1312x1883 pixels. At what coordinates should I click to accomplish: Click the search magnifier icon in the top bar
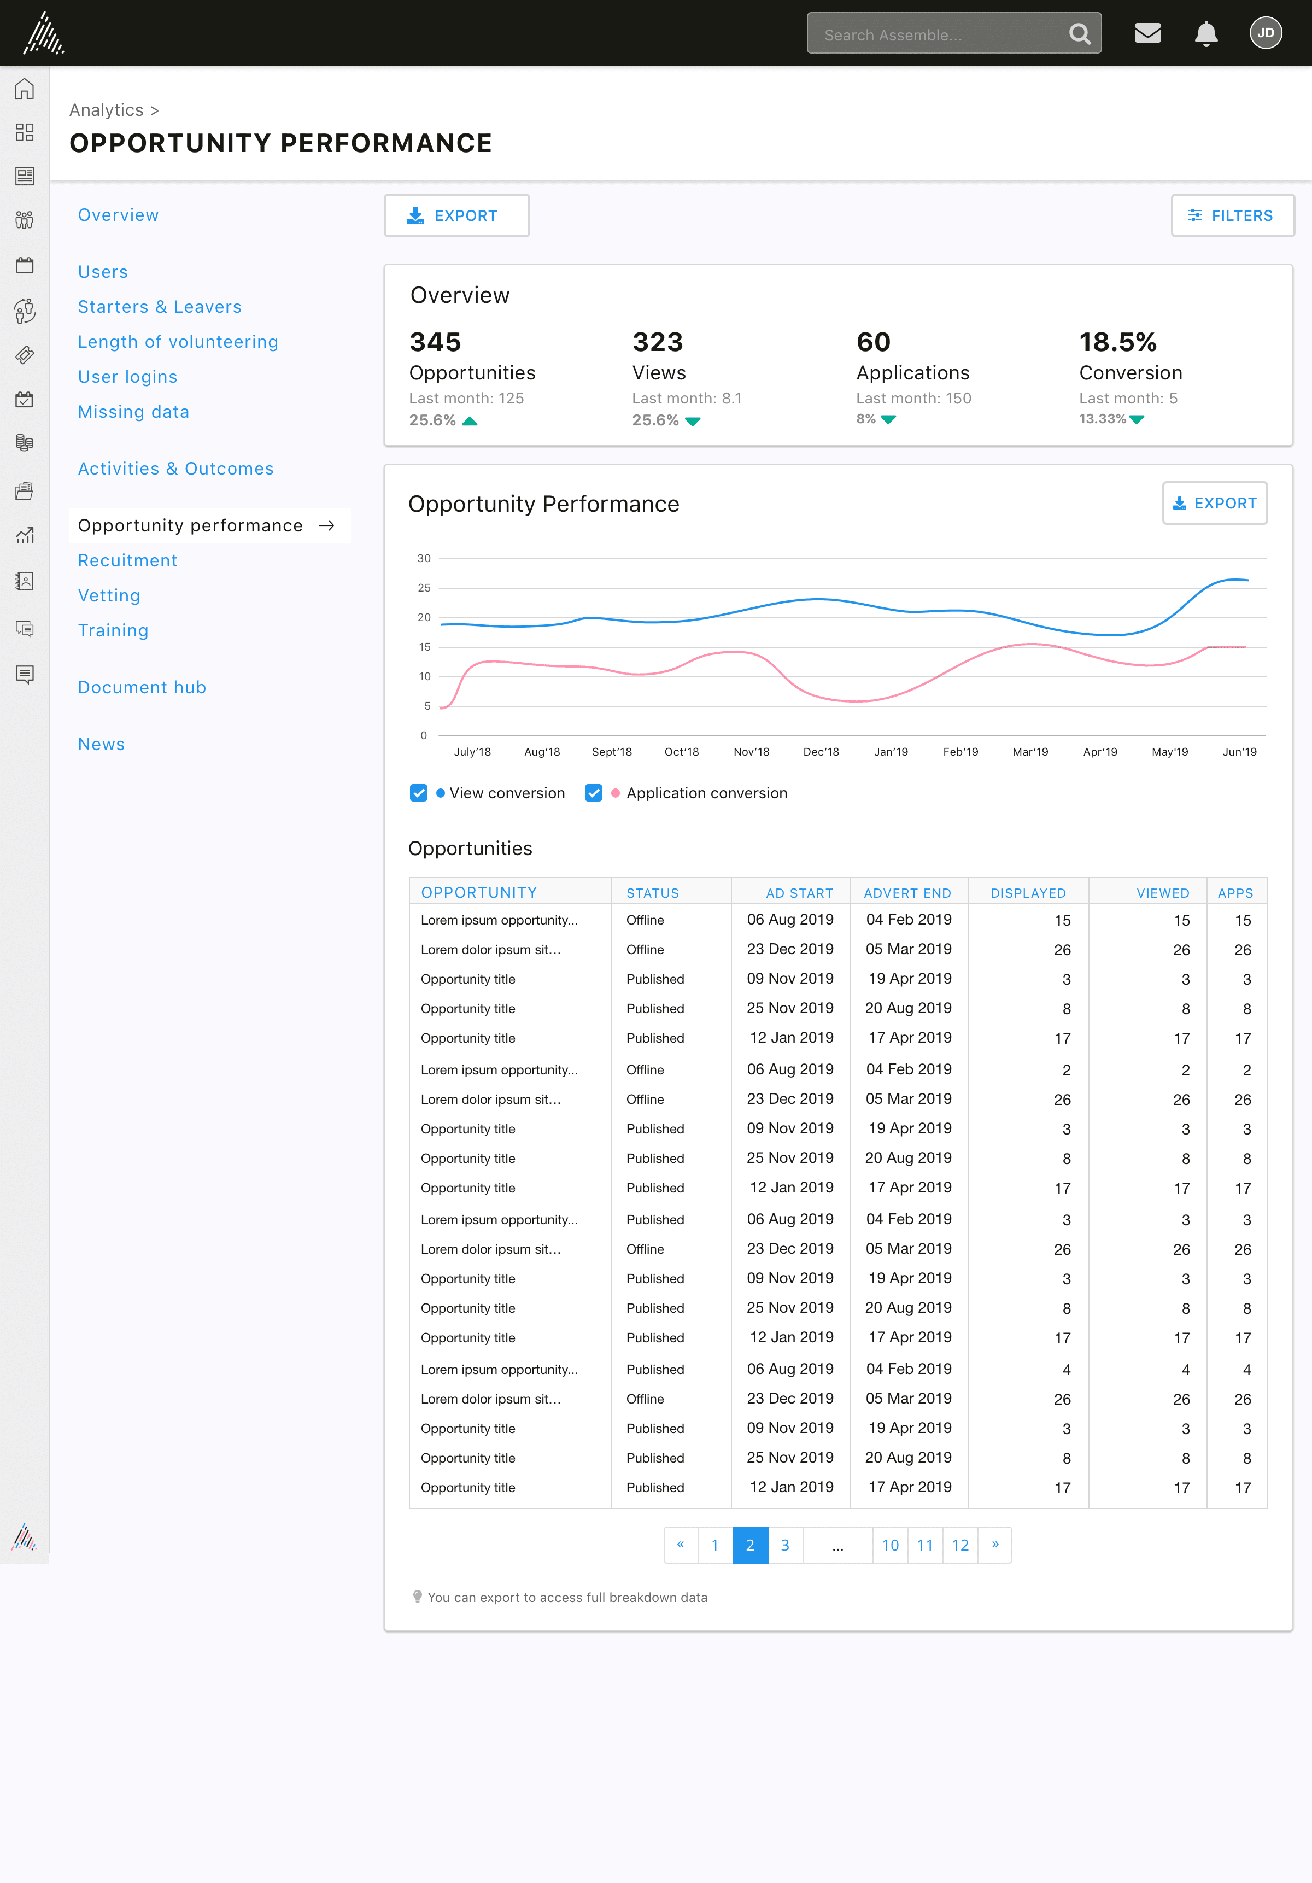1080,34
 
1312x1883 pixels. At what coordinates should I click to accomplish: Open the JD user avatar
1265,33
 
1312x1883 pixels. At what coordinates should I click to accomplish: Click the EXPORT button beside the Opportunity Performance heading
1215,503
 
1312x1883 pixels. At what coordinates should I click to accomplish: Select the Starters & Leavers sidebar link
160,307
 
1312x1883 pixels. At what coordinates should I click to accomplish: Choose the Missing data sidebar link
133,412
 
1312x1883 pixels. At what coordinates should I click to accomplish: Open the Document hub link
142,687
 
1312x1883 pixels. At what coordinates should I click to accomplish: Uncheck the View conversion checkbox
418,793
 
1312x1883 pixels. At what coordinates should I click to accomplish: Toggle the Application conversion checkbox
594,793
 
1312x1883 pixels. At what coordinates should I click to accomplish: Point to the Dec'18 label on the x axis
821,752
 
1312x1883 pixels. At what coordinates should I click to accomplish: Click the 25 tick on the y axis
424,588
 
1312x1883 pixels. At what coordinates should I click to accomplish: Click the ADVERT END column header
907,893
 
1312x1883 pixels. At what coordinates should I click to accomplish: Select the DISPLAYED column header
1028,893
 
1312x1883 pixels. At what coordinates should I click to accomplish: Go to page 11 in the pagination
925,1545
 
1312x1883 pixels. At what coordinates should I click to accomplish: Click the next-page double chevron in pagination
995,1545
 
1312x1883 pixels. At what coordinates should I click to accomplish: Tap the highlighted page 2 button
750,1545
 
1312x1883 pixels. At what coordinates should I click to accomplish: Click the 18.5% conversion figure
1117,342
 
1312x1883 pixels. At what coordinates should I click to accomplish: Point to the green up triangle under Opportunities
470,422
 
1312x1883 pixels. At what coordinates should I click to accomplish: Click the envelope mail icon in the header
1147,33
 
